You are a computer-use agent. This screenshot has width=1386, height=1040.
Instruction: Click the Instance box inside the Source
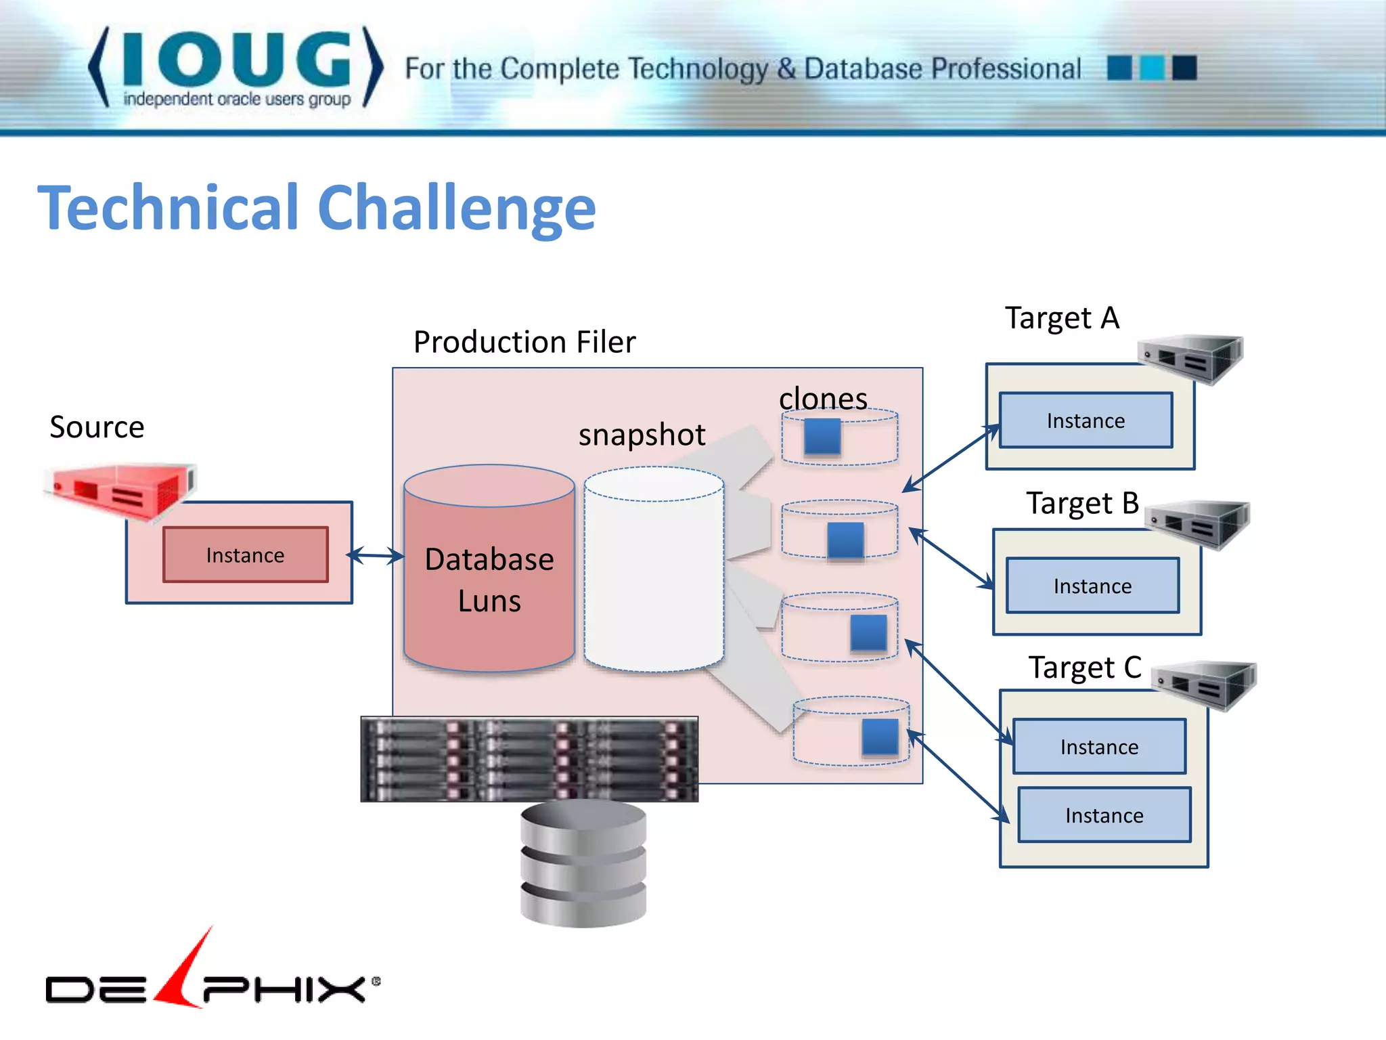click(246, 555)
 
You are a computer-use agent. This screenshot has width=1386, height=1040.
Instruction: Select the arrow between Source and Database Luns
click(376, 556)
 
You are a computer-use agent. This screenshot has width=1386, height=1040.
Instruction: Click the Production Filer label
click(524, 342)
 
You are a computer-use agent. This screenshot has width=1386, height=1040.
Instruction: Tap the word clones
click(823, 398)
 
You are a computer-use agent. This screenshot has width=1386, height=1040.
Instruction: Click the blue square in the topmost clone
click(822, 436)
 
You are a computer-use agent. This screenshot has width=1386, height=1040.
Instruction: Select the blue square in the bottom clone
click(880, 737)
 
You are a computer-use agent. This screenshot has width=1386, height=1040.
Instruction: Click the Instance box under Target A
click(1086, 420)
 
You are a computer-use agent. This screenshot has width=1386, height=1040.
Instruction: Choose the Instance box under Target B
click(1092, 586)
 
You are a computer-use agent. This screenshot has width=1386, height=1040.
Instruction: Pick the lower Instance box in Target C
click(1104, 815)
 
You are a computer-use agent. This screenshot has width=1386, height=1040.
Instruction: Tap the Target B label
click(1082, 503)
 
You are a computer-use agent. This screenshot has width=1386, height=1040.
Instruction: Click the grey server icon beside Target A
click(1192, 357)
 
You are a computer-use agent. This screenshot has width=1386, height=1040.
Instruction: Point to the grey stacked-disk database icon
click(583, 863)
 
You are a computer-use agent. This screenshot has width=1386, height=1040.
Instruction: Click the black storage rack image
click(529, 759)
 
